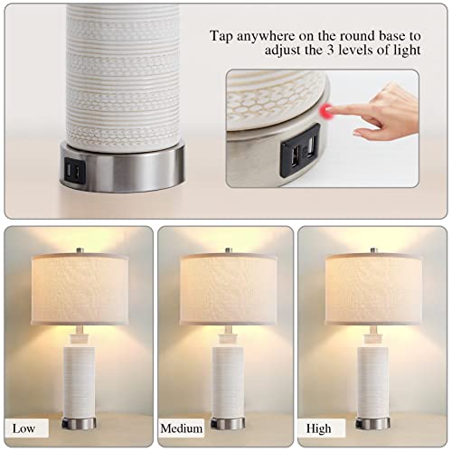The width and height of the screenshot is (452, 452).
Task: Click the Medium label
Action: (181, 428)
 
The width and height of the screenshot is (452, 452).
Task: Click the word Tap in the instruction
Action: (223, 36)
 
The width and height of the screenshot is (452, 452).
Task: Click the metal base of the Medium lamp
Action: (226, 422)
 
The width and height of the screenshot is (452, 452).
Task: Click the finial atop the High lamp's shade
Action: (372, 248)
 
